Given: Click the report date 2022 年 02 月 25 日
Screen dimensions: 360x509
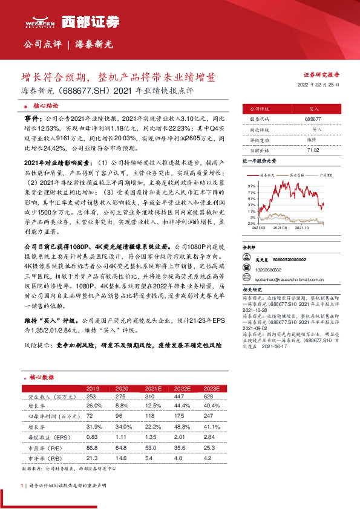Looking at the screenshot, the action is coord(321,85).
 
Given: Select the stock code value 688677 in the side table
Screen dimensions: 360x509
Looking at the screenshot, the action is coord(313,120).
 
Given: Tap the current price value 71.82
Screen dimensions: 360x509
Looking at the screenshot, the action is coord(313,149).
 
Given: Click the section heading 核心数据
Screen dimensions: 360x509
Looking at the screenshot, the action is coord(42,375).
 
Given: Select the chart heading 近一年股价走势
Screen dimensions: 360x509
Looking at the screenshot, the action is coord(259,161).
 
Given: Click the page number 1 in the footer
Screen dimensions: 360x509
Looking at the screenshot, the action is coord(22,485).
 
